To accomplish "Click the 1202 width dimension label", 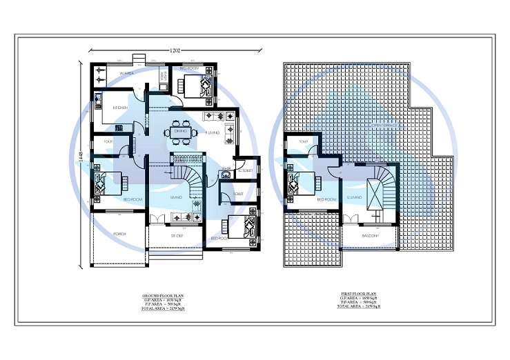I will pos(176,50).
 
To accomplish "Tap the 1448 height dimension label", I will pos(81,162).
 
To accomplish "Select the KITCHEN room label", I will pos(120,108).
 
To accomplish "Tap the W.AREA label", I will pos(126,72).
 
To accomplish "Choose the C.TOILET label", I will pos(245,170).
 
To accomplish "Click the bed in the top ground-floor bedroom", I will pos(199,86).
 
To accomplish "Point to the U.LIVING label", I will pos(355,197).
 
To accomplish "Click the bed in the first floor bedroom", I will pos(304,183).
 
